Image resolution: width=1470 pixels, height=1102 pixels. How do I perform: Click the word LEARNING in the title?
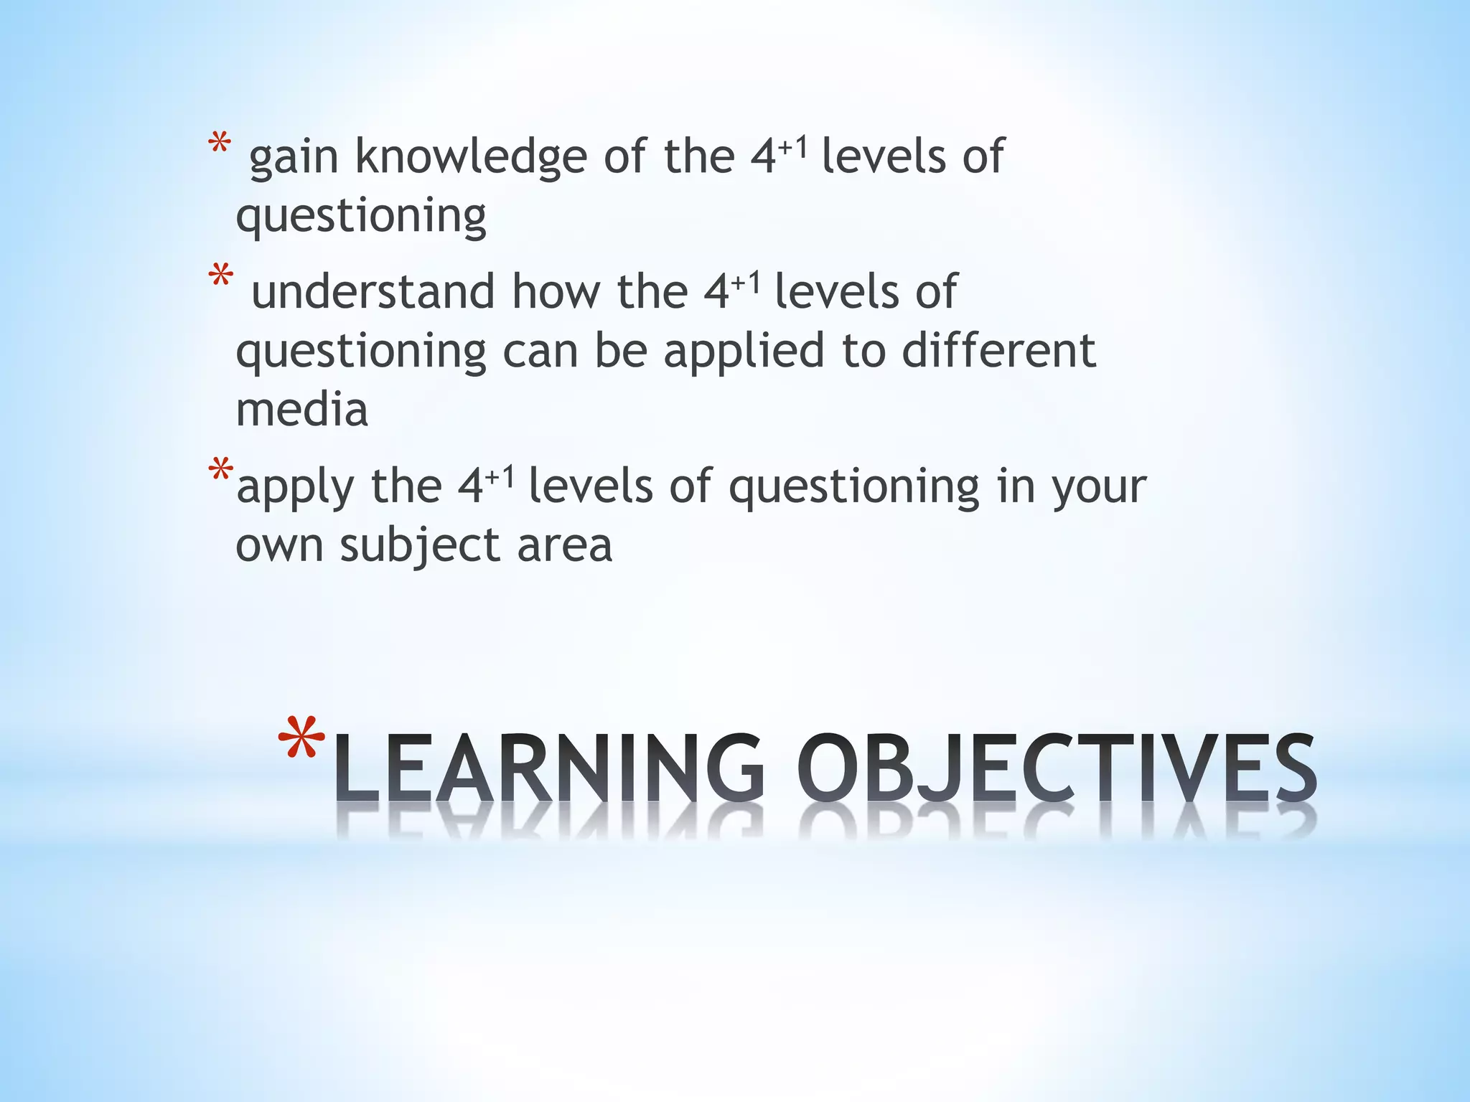pos(549,768)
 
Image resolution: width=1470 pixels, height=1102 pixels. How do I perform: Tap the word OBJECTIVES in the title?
pos(1057,768)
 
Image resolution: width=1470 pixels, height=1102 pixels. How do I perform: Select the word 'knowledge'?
pos(471,158)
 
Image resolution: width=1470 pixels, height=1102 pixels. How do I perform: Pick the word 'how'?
pos(556,292)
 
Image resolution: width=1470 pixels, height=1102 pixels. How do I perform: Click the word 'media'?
pos(301,410)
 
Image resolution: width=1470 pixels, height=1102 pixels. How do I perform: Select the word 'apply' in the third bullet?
pos(295,488)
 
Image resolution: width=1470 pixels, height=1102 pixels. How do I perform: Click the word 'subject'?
pos(419,547)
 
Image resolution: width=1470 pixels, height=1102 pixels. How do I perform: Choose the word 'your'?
pos(1099,488)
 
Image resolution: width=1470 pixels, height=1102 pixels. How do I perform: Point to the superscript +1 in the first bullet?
pos(794,147)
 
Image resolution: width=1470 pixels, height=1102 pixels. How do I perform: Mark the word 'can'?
pos(540,352)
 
